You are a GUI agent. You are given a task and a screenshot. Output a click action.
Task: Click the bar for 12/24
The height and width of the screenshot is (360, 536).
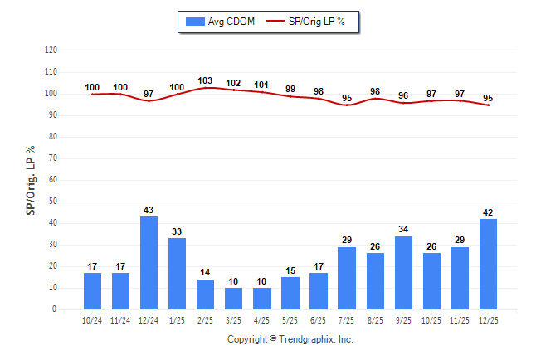(149, 263)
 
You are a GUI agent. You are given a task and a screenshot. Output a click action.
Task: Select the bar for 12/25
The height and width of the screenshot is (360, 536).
(489, 264)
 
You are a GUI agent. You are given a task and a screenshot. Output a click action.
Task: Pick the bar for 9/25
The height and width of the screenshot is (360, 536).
(404, 272)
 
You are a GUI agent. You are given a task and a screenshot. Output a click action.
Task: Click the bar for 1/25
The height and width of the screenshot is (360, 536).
(178, 274)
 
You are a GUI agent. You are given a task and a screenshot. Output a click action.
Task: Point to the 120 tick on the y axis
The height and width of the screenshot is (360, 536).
(51, 51)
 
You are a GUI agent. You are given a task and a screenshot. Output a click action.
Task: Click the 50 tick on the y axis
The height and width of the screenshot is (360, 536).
(53, 202)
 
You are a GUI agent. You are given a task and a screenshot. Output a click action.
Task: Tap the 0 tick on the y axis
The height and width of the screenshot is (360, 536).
(55, 309)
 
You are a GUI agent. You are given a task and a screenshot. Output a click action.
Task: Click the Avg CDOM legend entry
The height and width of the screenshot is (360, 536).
(218, 21)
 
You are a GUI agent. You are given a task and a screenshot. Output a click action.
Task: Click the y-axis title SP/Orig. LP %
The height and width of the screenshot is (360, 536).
(31, 178)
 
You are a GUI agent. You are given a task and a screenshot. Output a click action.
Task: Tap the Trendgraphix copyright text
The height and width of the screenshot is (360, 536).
(290, 339)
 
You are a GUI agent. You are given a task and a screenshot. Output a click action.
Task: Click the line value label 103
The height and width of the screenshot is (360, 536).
(206, 80)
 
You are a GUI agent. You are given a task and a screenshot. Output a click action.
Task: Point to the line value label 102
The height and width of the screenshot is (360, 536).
(234, 83)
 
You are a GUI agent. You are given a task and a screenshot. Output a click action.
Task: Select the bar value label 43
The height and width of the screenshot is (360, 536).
(149, 210)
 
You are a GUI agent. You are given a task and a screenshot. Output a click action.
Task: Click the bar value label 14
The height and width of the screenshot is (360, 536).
(206, 272)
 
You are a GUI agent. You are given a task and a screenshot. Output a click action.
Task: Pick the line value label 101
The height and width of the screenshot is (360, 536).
(262, 85)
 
